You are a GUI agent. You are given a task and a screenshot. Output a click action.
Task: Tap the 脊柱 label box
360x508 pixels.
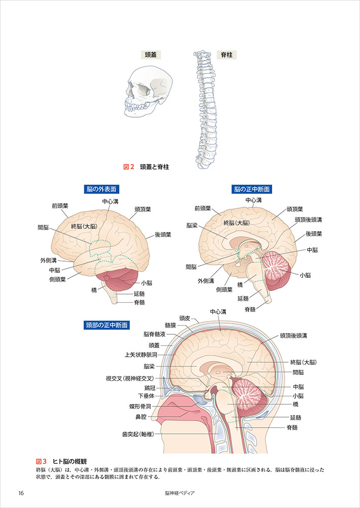click(x=224, y=55)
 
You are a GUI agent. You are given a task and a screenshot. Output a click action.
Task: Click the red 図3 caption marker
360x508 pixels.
click(x=42, y=461)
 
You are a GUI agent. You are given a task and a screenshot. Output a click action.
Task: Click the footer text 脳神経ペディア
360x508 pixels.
click(x=180, y=493)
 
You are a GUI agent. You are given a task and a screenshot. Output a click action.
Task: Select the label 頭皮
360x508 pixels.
click(x=184, y=318)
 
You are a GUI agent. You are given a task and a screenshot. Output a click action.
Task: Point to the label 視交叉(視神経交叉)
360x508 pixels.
click(x=130, y=378)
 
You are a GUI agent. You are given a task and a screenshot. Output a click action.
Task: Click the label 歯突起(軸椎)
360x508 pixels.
click(x=138, y=434)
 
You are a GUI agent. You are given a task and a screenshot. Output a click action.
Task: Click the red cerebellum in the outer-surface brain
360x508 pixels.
click(x=121, y=278)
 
